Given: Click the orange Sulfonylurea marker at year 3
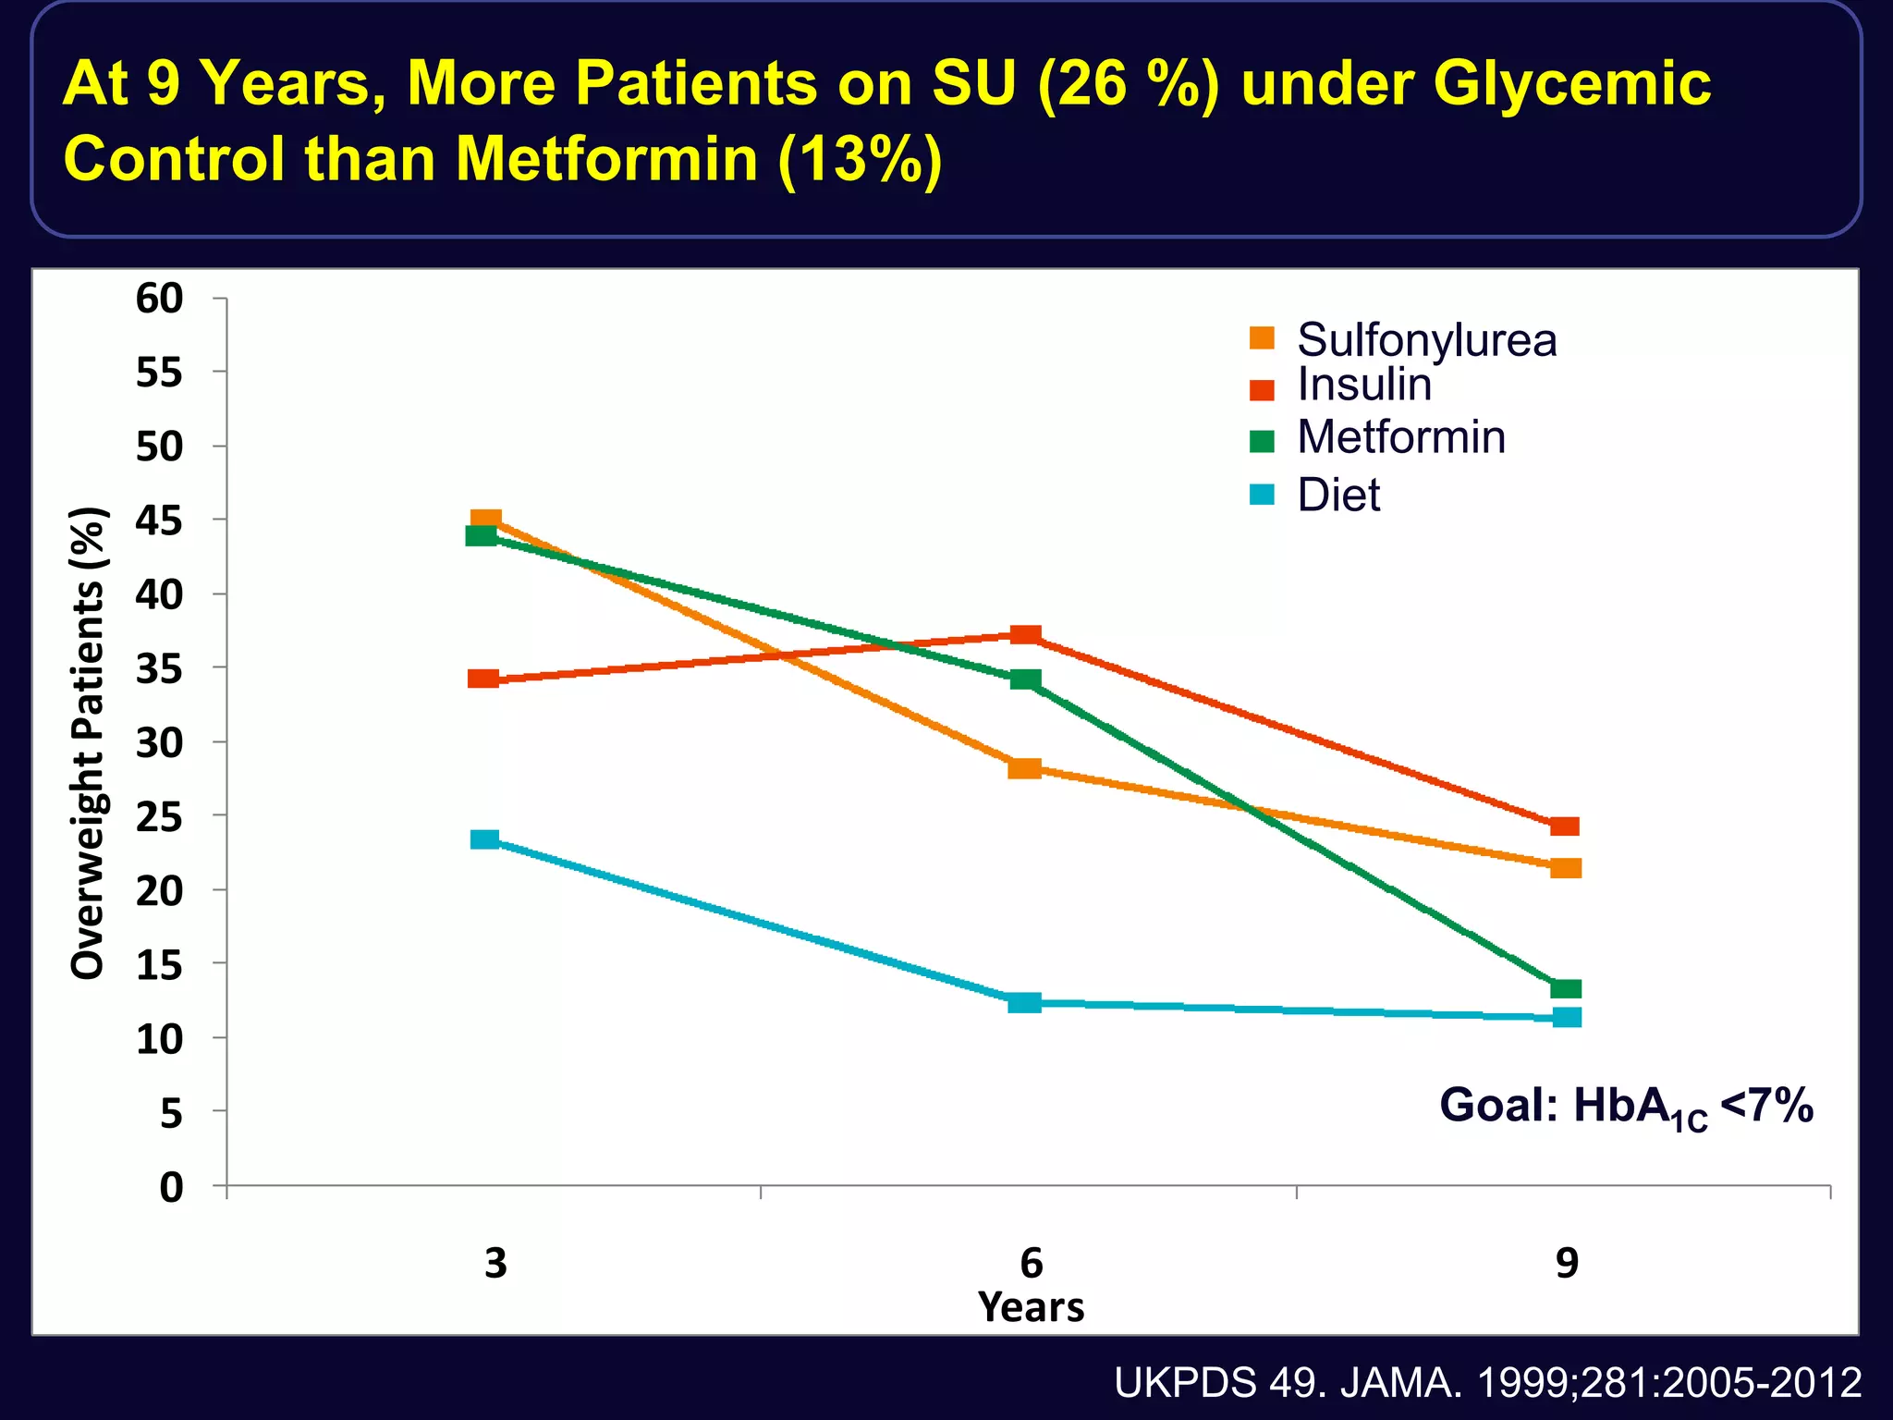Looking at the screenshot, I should click(486, 520).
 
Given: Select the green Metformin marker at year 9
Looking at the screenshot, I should click(1566, 989).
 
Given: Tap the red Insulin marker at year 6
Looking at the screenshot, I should click(1026, 635).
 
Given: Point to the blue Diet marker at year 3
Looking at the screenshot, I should click(484, 839).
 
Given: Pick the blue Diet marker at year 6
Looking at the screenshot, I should click(1024, 1002).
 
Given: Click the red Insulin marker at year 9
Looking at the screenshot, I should click(1565, 826).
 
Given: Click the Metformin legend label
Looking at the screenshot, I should click(1400, 437).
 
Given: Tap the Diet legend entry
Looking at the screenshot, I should click(1337, 496).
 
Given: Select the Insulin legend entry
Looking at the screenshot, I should click(1363, 385).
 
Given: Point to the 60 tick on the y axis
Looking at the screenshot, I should click(159, 299).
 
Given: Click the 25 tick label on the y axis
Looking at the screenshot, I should click(159, 816).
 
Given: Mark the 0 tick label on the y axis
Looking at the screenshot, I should click(172, 1187).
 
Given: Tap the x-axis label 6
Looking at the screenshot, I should click(1031, 1263).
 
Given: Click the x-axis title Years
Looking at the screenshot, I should click(1031, 1307).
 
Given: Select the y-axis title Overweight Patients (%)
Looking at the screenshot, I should click(89, 742).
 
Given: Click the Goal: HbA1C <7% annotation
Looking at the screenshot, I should click(1626, 1107).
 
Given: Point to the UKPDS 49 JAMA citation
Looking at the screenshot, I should click(1487, 1383).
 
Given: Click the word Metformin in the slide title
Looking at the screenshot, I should click(606, 159).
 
